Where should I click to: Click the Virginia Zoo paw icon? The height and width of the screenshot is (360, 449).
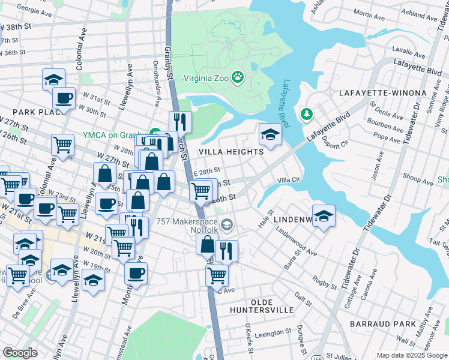[x=238, y=77]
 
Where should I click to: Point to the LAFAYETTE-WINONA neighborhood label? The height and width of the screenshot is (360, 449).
[x=382, y=94]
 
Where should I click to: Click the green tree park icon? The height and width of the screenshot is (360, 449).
[x=307, y=113]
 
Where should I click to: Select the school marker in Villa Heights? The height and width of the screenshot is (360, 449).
[x=270, y=134]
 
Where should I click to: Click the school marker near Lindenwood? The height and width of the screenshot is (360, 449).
[x=324, y=216]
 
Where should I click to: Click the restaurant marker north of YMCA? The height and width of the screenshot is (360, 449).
[x=180, y=122]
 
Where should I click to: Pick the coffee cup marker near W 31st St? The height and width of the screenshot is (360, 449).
[x=64, y=98]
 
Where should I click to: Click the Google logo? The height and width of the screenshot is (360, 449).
[x=20, y=353]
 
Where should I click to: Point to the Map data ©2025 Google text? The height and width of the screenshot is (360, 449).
[x=412, y=355]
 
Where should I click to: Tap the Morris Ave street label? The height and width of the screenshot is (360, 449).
[x=368, y=12]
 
